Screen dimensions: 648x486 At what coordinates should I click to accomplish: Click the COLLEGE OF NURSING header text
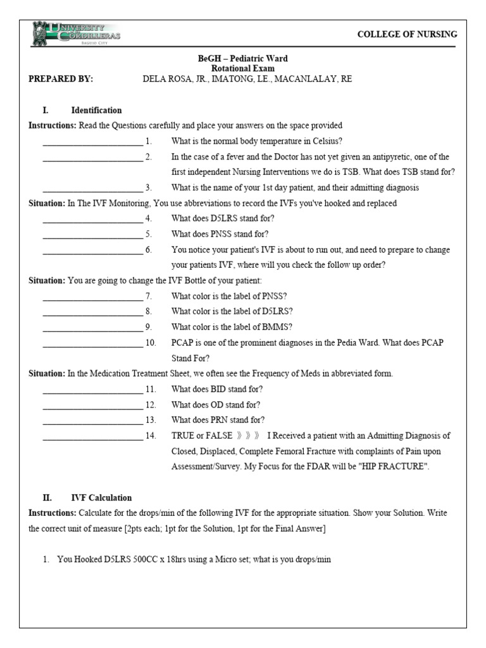[x=407, y=34]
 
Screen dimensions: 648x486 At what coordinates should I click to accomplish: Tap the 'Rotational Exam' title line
[x=243, y=68]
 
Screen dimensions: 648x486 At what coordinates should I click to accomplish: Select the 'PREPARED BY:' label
[x=61, y=79]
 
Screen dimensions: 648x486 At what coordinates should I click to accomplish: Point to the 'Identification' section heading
[x=96, y=110]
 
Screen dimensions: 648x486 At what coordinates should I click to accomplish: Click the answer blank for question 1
[x=92, y=142]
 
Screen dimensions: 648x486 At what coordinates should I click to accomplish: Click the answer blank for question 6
[x=92, y=251]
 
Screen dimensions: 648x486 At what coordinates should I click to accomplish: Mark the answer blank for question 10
[x=92, y=344]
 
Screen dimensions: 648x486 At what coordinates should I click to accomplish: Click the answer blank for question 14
[x=92, y=436]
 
